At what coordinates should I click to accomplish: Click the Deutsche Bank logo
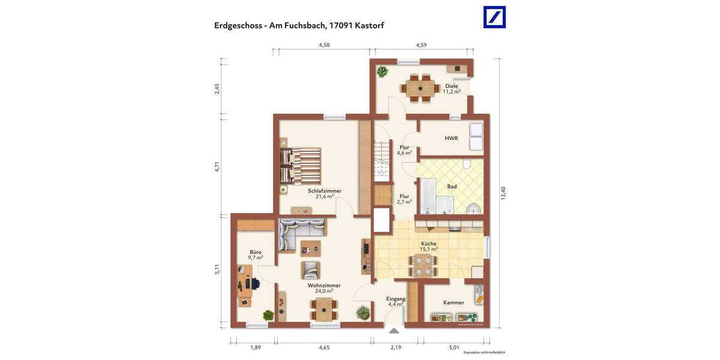(494, 17)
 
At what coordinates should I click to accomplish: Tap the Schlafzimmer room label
(325, 191)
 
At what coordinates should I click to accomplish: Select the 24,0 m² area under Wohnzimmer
(324, 291)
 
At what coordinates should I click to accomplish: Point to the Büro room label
(256, 252)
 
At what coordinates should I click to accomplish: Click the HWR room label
(451, 138)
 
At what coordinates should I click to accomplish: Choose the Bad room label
(452, 187)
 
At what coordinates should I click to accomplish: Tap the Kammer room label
(454, 302)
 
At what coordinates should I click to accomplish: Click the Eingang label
(396, 298)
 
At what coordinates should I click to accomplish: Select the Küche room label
(428, 244)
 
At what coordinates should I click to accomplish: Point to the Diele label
(451, 86)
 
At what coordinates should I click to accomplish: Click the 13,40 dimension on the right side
(503, 193)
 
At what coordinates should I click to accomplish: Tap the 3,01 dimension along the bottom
(454, 347)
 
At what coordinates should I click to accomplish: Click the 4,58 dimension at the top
(325, 45)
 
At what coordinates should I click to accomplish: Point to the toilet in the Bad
(466, 164)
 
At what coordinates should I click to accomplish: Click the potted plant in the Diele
(382, 72)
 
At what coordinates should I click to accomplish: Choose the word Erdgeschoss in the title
(237, 25)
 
